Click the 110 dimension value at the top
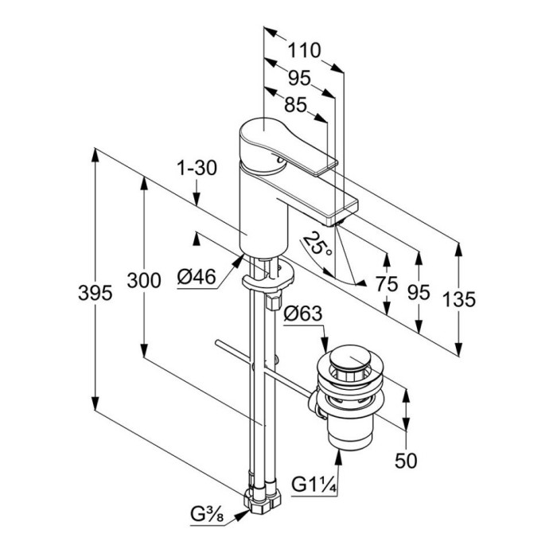click(303, 50)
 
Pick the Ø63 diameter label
click(304, 314)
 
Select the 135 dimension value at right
click(458, 299)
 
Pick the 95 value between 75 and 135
click(419, 292)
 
